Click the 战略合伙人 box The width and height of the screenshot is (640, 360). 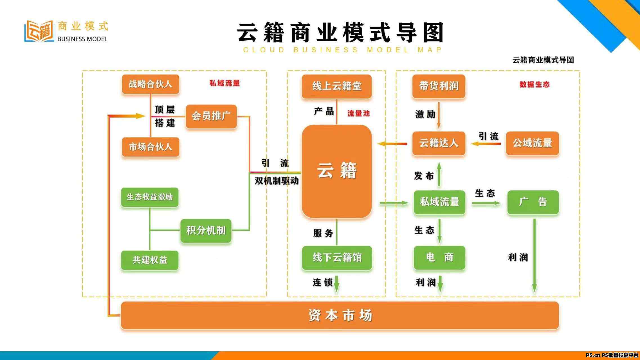[x=151, y=84]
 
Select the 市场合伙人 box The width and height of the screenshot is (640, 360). [x=151, y=147]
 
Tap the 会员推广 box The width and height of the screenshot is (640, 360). [x=211, y=116]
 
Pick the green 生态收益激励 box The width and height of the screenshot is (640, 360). [x=150, y=197]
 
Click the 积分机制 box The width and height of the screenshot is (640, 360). [x=206, y=231]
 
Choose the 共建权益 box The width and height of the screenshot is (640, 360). [x=150, y=260]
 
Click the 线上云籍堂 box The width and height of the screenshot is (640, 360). [x=337, y=86]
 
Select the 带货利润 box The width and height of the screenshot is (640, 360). [x=439, y=86]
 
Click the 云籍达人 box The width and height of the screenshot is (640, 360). [x=439, y=143]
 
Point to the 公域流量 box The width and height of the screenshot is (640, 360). [x=533, y=143]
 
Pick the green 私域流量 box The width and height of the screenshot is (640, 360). [x=439, y=202]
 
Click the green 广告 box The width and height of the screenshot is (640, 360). [x=533, y=202]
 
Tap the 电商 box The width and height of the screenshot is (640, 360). [x=439, y=258]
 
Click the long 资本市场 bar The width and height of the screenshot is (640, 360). [x=340, y=315]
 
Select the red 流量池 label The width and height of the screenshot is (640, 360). [x=358, y=113]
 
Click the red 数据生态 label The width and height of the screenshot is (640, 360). [x=535, y=84]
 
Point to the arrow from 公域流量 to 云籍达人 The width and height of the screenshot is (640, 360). [x=486, y=144]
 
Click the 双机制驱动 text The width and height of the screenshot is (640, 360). [x=277, y=181]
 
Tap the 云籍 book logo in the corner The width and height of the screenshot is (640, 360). [x=39, y=31]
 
